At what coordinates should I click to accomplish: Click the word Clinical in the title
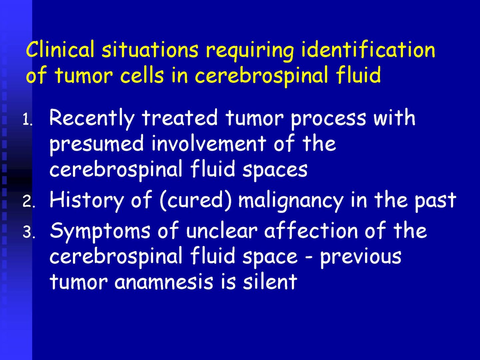[x=60, y=49]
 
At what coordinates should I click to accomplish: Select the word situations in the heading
[x=150, y=49]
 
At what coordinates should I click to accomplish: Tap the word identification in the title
[x=368, y=49]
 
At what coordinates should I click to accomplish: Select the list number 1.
[x=27, y=121]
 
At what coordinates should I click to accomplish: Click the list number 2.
[x=28, y=202]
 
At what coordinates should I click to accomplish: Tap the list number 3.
[x=28, y=233]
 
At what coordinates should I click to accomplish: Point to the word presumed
[x=96, y=144]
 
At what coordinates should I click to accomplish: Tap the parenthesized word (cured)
[x=196, y=200]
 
